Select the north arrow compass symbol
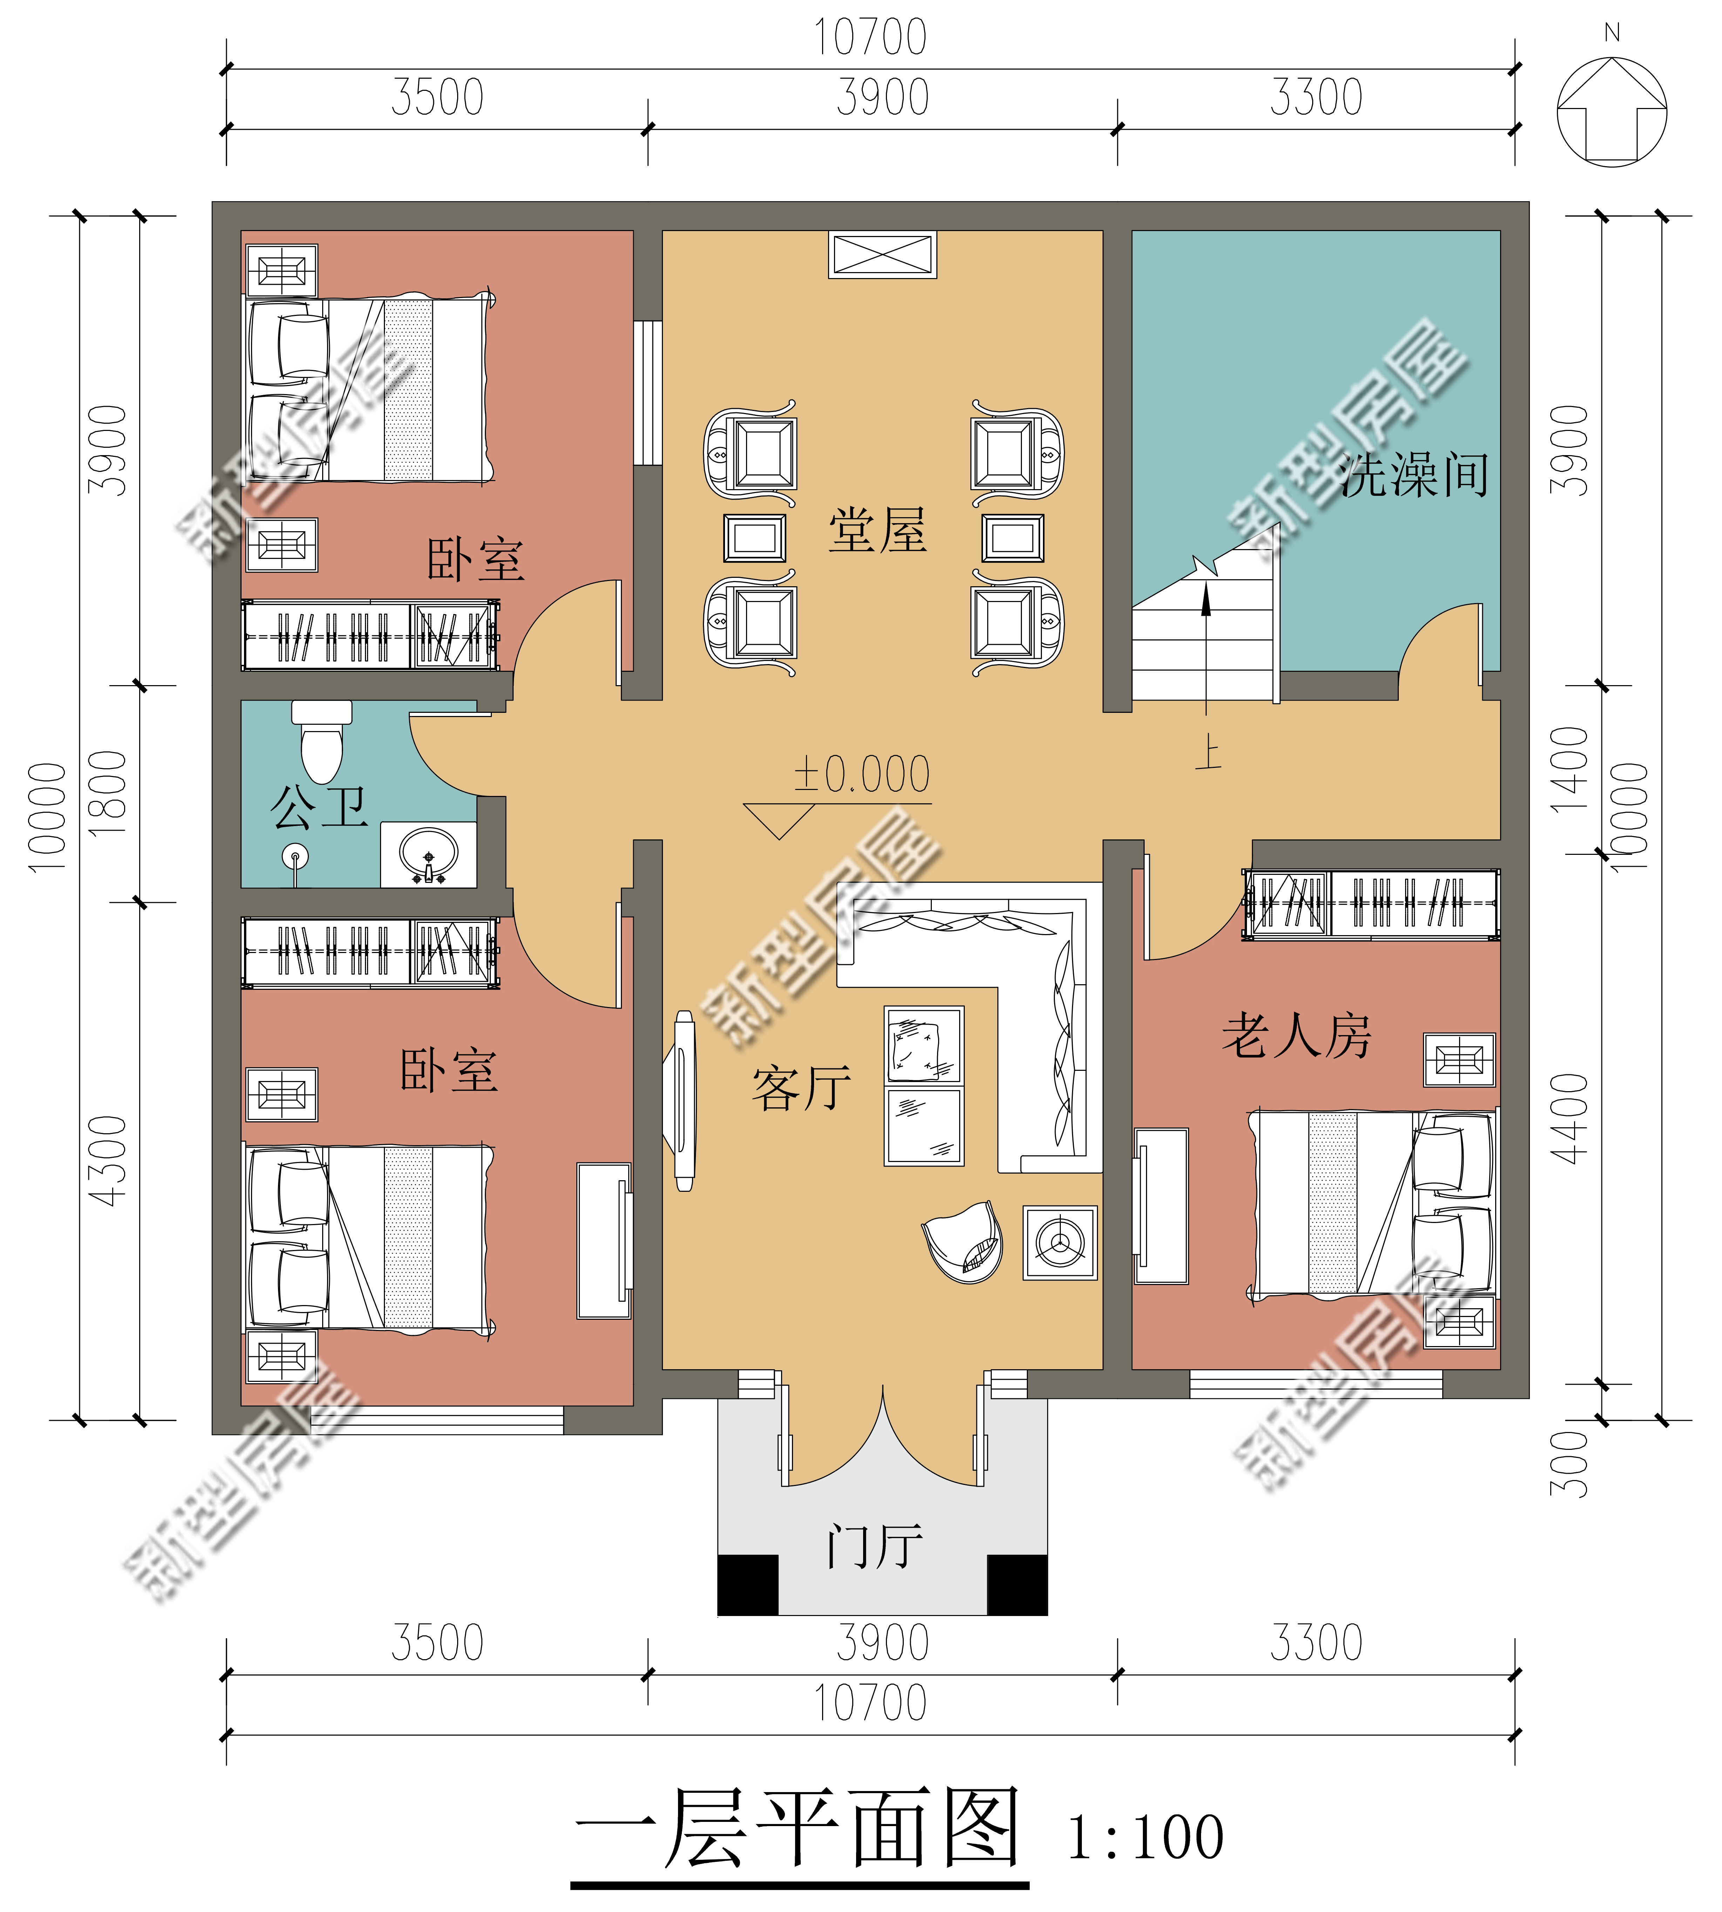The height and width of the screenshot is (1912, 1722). (x=1612, y=111)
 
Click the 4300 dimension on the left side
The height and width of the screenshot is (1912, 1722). (x=107, y=1161)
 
